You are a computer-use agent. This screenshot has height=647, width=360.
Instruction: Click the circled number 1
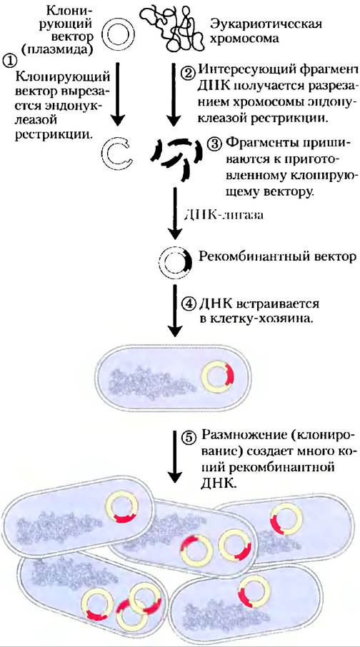pyautogui.click(x=9, y=61)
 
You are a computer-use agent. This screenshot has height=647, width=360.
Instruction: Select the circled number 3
pyautogui.click(x=215, y=144)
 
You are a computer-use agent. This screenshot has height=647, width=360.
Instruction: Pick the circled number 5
pyautogui.click(x=189, y=437)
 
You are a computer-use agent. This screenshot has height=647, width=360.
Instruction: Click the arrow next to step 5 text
pyautogui.click(x=175, y=456)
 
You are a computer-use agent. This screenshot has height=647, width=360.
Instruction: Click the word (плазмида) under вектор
pyautogui.click(x=51, y=49)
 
